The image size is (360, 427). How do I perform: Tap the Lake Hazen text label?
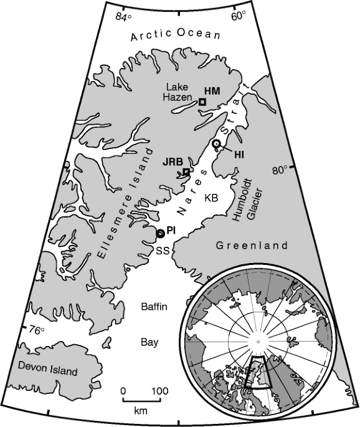[x=179, y=92]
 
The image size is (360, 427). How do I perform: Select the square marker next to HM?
[x=202, y=102]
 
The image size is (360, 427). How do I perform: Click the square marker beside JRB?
[x=186, y=171]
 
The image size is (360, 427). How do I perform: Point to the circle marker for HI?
[x=216, y=144]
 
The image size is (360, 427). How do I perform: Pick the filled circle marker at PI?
[x=160, y=233]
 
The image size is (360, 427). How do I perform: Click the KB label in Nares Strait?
[x=212, y=198]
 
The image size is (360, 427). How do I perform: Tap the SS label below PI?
[x=163, y=250]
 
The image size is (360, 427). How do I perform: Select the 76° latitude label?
[x=38, y=330]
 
